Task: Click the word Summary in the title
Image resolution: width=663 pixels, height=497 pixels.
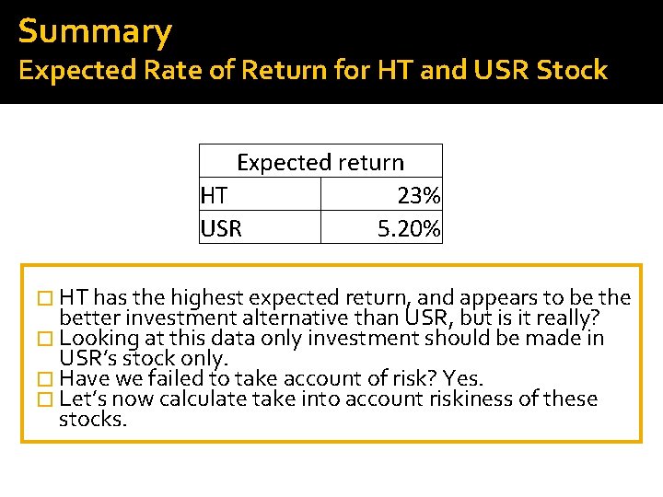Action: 95,32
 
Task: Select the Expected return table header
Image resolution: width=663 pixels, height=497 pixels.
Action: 320,162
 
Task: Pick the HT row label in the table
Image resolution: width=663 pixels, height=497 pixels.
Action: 214,195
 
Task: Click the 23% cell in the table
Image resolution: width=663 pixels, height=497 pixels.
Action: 419,195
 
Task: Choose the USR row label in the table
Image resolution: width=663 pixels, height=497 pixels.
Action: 221,228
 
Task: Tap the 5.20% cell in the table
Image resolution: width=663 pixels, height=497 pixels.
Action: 409,228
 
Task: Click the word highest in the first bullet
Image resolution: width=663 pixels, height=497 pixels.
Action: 206,297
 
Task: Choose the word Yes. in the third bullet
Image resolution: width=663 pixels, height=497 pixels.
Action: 463,378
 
